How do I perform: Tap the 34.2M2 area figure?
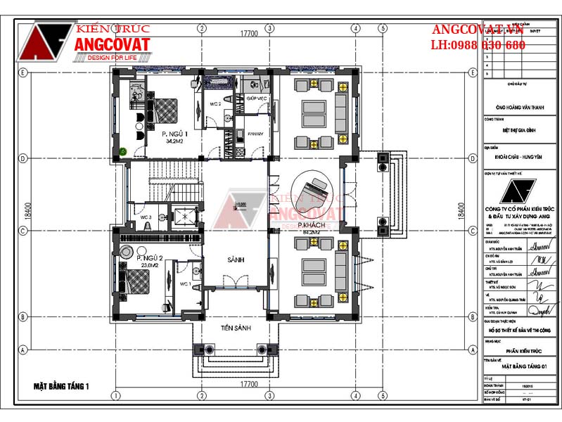(174, 141)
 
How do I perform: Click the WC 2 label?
(215, 104)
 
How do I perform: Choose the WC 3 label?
(145, 217)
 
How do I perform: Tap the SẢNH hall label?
(236, 260)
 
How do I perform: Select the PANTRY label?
(255, 134)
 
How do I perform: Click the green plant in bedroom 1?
(123, 151)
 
